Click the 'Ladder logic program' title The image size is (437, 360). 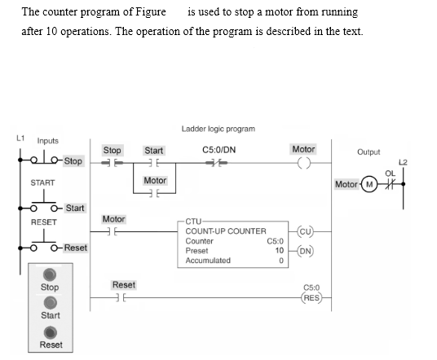tap(218, 129)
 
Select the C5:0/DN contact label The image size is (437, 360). tap(218, 150)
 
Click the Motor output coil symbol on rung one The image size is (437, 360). tap(303, 164)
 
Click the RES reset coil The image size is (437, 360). tap(311, 297)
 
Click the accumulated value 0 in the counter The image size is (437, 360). tap(280, 261)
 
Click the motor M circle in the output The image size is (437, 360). tap(370, 184)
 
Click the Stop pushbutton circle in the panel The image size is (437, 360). tap(51, 275)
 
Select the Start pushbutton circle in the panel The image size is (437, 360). tap(51, 303)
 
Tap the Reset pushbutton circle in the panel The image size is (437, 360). tap(51, 332)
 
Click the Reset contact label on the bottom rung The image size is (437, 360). tap(124, 285)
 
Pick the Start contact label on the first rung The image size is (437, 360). tap(153, 151)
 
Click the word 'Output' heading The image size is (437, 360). tap(369, 151)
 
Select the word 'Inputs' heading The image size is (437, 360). tap(47, 141)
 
